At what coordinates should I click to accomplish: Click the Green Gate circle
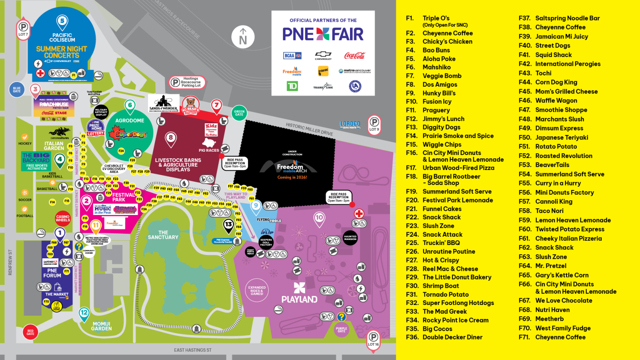tap(239, 112)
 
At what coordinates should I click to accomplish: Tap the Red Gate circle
tap(30, 332)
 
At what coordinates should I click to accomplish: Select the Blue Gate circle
tap(17, 89)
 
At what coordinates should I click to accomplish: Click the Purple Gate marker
tap(341, 330)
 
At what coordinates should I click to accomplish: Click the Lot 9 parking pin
tap(374, 124)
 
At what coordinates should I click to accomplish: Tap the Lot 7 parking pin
tap(23, 29)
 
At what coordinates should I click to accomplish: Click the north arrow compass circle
tap(243, 37)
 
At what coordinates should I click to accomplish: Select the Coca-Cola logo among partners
tap(355, 55)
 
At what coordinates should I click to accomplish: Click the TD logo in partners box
tap(292, 86)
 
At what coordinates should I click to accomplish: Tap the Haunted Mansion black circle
tap(350, 237)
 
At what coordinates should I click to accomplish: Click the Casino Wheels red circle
tap(63, 218)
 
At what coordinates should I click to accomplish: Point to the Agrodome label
tap(130, 120)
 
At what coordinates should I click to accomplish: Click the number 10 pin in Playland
tap(319, 218)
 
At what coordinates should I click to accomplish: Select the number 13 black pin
tap(228, 225)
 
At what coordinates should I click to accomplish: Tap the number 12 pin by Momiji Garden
tap(84, 313)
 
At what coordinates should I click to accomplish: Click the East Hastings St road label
tap(192, 350)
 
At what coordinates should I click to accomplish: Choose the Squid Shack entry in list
tap(553, 55)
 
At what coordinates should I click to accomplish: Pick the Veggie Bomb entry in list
tap(442, 76)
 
